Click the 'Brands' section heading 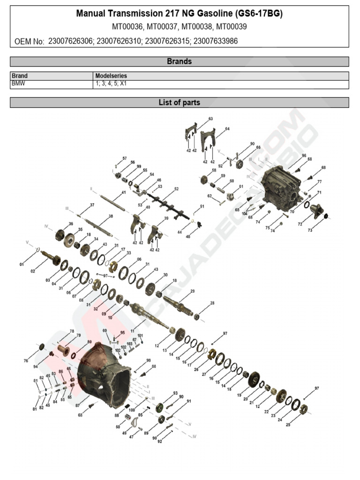[x=180, y=61]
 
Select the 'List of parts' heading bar [x=180, y=102]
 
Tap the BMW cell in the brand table [x=19, y=84]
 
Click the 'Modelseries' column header [x=111, y=75]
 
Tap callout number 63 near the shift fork [x=210, y=119]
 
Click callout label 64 [x=227, y=128]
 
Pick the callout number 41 [x=124, y=193]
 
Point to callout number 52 [x=176, y=189]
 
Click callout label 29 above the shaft [x=192, y=292]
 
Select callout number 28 [x=212, y=303]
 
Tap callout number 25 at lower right [x=288, y=425]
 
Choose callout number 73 [x=310, y=230]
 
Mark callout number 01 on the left [x=22, y=265]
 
